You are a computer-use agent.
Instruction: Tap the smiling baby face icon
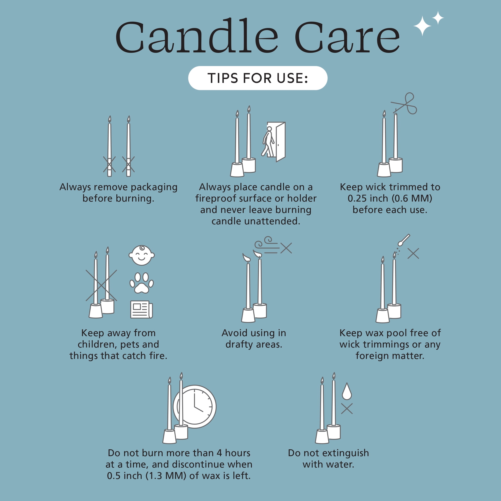pyautogui.click(x=142, y=255)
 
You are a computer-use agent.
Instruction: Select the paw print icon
pyautogui.click(x=142, y=283)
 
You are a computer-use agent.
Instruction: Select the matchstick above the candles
pyautogui.click(x=404, y=240)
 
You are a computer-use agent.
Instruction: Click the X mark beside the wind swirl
pyautogui.click(x=286, y=248)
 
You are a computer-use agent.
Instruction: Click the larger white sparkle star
pyautogui.click(x=422, y=26)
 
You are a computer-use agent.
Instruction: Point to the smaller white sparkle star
pyautogui.click(x=438, y=18)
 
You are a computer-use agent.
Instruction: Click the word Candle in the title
pyautogui.click(x=197, y=36)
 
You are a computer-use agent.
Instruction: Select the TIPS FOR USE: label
pyautogui.click(x=258, y=78)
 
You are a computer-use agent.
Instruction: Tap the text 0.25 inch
pyautogui.click(x=368, y=198)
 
